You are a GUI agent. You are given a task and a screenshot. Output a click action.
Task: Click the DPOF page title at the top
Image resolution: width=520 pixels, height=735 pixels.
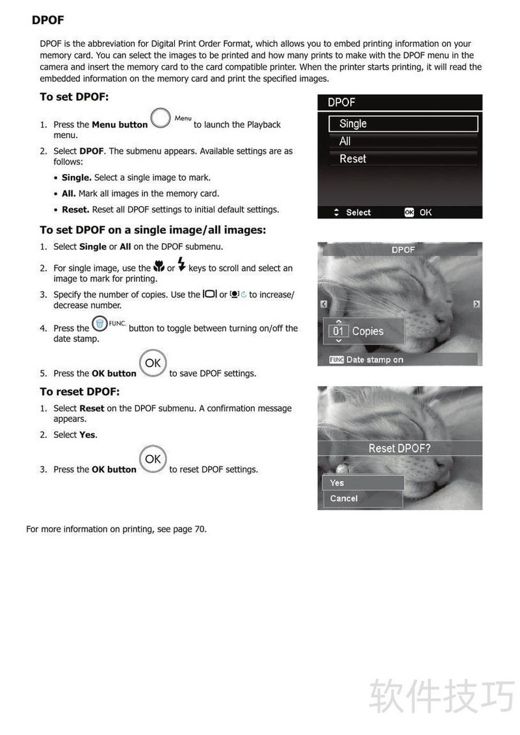[x=48, y=20]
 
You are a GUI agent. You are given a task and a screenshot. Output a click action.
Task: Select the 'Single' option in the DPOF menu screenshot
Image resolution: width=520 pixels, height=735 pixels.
[x=403, y=123]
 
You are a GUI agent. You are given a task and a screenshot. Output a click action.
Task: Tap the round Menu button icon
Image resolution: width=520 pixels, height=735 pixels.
[x=161, y=118]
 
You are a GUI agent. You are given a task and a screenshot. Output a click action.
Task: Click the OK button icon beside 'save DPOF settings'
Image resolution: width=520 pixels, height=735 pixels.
[x=153, y=363]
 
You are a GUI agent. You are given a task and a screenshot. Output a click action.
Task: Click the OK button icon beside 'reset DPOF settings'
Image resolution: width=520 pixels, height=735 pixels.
[x=153, y=459]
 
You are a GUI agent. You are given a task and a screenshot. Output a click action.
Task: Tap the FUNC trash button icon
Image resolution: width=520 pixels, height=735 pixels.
[x=99, y=324]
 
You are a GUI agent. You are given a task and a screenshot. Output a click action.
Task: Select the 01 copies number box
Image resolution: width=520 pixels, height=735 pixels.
[x=338, y=331]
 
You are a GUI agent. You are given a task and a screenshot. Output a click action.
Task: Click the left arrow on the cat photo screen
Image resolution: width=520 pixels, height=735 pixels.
[x=324, y=303]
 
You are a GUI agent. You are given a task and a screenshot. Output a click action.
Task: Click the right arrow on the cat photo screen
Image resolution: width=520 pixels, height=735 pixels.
[x=476, y=303]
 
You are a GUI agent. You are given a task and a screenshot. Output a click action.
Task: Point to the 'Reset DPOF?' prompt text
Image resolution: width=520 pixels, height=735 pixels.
[x=400, y=448]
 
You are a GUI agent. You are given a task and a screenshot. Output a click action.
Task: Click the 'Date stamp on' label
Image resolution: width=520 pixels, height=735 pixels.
[x=374, y=359]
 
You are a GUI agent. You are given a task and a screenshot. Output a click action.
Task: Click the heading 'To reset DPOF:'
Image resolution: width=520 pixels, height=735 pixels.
[x=80, y=391]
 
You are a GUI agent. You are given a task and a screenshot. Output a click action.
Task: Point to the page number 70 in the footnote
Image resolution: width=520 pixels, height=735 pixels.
[x=200, y=529]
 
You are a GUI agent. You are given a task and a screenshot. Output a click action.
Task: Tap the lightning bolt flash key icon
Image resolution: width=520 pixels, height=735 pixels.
[x=181, y=264]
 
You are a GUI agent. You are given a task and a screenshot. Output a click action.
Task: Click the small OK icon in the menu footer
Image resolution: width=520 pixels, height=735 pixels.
[x=409, y=213]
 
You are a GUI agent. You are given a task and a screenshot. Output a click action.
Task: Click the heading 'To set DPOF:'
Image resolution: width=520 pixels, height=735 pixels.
[x=74, y=97]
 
